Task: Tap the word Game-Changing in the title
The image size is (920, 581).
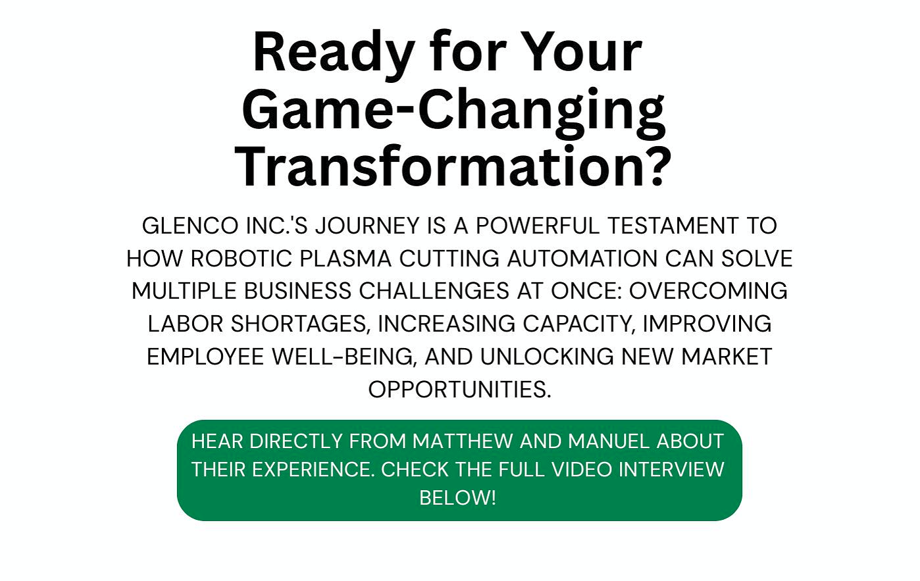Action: click(454, 110)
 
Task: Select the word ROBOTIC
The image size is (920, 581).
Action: click(242, 259)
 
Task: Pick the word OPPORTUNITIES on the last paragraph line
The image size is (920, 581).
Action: click(459, 390)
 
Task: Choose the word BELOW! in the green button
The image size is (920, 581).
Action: click(457, 497)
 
